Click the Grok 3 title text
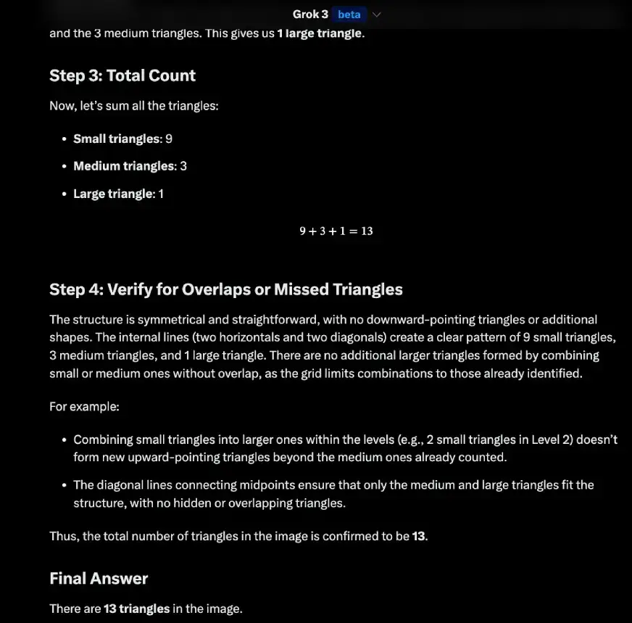[x=310, y=15]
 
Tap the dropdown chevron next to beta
[x=376, y=15]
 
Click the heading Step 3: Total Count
[x=122, y=75]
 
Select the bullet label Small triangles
[x=116, y=139]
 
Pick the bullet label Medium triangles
[x=124, y=166]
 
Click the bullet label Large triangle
[x=112, y=194]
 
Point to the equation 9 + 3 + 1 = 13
[x=336, y=231]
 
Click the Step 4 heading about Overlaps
[x=226, y=289]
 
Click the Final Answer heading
[x=99, y=578]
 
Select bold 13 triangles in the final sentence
[x=136, y=608]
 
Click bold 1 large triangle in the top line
[x=319, y=34]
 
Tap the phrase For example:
[x=84, y=406]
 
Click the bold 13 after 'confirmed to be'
[x=419, y=537]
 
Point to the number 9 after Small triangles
[x=168, y=139]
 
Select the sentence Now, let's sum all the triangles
[x=134, y=106]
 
